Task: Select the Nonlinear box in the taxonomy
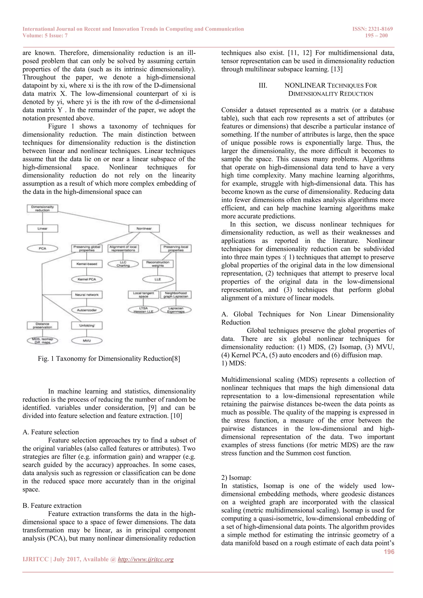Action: click(144, 228)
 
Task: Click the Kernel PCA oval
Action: click(87, 279)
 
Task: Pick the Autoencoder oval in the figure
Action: click(87, 310)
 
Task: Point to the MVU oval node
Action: click(87, 341)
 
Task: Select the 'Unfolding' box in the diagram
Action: click(87, 325)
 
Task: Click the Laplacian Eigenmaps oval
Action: click(176, 310)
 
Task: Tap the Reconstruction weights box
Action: click(158, 264)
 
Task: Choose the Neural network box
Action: click(87, 295)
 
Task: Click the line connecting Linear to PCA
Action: click(43, 238)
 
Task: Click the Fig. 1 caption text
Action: click(109, 359)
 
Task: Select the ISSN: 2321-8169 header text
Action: click(372, 29)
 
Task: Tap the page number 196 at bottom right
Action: click(389, 552)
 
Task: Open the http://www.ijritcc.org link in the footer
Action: click(146, 559)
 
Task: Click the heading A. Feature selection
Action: click(51, 432)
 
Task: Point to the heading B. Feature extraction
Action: click(52, 505)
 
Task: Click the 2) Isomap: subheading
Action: click(236, 478)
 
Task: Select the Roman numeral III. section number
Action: click(263, 85)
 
